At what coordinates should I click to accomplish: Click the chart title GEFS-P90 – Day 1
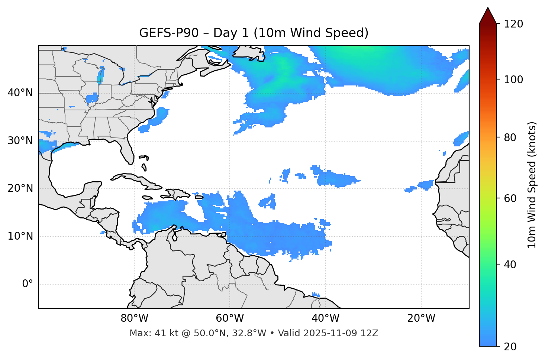(254, 33)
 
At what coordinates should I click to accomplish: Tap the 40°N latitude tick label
(20, 93)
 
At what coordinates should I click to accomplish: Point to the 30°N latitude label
(20, 141)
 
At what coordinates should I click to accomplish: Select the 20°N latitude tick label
(20, 188)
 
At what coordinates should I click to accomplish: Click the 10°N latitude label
(20, 236)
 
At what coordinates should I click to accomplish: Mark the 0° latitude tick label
(28, 284)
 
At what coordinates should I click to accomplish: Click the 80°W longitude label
(134, 318)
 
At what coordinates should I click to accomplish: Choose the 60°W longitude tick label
(230, 318)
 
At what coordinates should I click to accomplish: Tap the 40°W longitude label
(325, 318)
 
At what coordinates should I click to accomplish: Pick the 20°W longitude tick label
(421, 318)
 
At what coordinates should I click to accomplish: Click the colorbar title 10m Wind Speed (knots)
(532, 185)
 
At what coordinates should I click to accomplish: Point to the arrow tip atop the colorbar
(488, 8)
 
